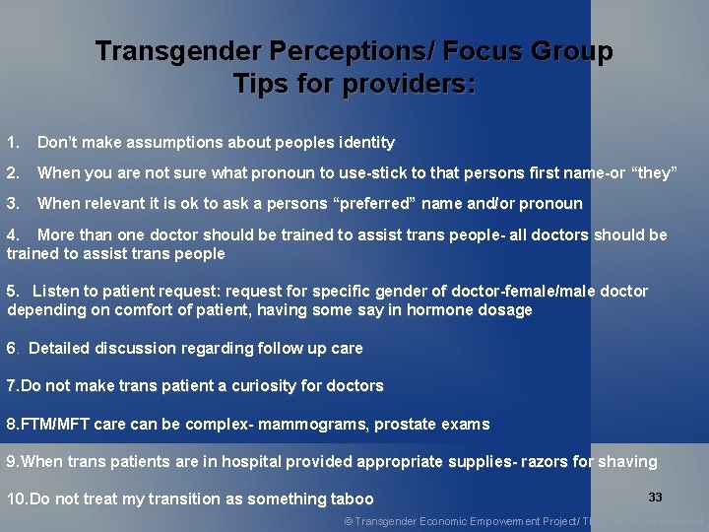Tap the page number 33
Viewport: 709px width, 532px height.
coord(656,498)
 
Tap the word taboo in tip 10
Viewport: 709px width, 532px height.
coord(352,499)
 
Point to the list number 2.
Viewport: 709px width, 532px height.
coord(12,173)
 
